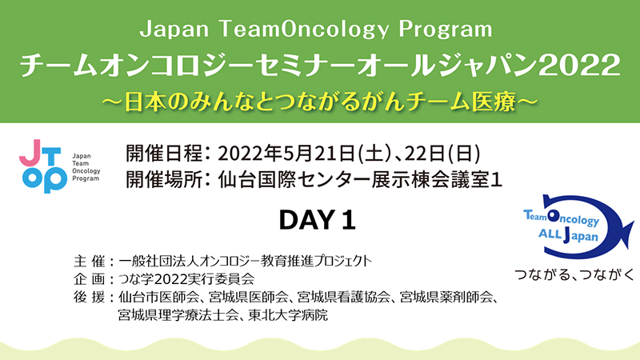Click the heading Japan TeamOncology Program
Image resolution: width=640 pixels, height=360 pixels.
point(316,29)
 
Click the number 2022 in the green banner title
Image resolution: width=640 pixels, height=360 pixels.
point(579,65)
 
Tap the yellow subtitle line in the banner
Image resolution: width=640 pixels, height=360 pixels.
point(320,102)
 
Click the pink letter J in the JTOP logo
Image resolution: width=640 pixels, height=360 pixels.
point(30,153)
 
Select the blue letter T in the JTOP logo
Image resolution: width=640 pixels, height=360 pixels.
point(51,155)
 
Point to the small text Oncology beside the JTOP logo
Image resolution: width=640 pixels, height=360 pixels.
point(86,171)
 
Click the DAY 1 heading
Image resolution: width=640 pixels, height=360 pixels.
point(317,220)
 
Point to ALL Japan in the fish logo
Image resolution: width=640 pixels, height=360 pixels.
point(568,234)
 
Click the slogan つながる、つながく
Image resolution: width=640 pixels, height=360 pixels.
point(574,274)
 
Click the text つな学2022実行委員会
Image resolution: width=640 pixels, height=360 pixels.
point(186,279)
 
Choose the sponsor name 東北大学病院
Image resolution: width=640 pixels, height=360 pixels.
point(288,315)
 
